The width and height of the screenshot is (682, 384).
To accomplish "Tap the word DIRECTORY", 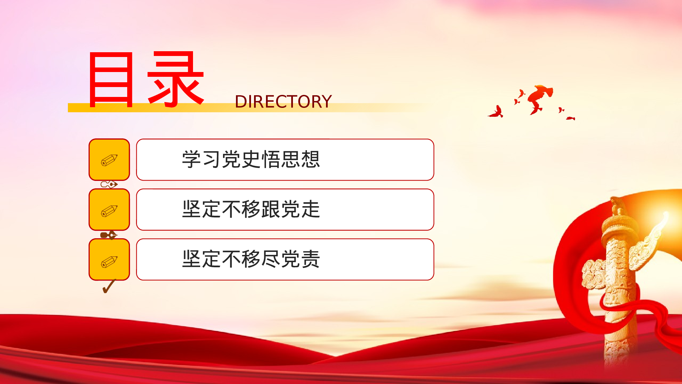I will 283,102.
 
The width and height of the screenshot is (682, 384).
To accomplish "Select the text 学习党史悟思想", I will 251,159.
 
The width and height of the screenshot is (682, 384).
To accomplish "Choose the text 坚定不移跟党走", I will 251,209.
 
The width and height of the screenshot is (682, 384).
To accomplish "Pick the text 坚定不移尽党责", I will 251,259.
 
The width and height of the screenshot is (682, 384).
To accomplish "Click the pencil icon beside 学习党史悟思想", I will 109,160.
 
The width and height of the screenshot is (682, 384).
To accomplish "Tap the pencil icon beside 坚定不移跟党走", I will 109,211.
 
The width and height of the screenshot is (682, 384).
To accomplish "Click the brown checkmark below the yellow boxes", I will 109,286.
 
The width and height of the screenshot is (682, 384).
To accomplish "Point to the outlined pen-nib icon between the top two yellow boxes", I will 109,184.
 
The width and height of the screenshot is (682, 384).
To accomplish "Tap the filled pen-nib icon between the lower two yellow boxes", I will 108,235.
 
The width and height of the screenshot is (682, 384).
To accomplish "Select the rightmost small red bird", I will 570,118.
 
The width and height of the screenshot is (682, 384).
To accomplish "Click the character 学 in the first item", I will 191,159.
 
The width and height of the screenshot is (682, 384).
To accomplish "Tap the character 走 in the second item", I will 311,209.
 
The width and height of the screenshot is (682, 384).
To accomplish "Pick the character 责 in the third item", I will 311,259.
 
